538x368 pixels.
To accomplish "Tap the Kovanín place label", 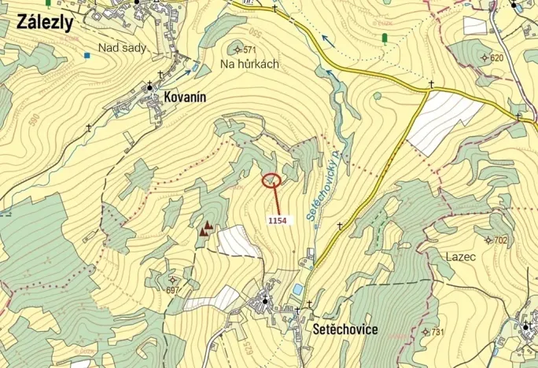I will (x=185, y=97).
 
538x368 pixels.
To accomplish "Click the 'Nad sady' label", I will (x=122, y=49).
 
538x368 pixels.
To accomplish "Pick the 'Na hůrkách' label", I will (x=249, y=64).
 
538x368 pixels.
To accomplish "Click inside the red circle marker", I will (x=271, y=181).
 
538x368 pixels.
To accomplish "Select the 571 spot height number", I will (x=250, y=50).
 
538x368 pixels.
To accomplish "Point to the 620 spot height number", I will (x=496, y=58).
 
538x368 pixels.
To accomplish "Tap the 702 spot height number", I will (x=500, y=240).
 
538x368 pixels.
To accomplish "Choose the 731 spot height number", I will (x=437, y=332).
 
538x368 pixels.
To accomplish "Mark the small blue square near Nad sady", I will (x=87, y=55).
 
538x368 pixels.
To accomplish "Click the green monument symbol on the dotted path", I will (x=384, y=38).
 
